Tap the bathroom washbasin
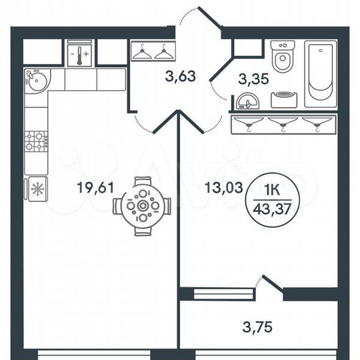(247, 100)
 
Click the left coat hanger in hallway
(141, 52)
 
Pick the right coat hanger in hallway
(162, 52)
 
